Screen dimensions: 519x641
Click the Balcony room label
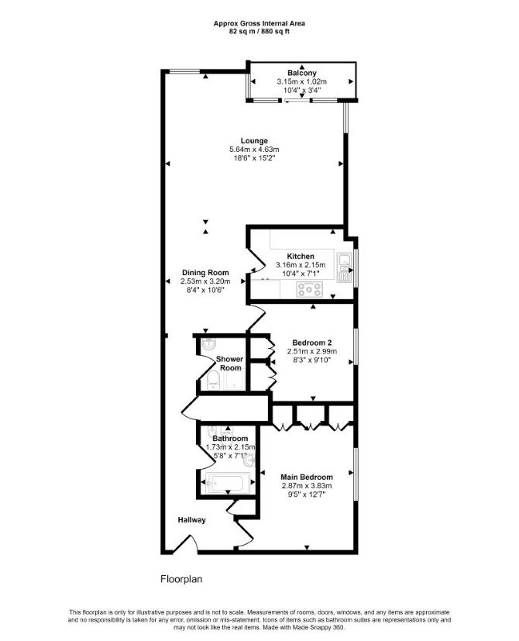pos(301,73)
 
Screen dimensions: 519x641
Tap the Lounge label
pos(254,141)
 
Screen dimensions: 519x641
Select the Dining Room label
pos(205,273)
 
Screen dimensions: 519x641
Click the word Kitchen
pos(301,257)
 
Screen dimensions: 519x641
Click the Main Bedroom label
pos(307,477)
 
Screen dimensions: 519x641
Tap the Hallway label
pos(191,520)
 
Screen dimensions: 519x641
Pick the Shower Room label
pos(229,364)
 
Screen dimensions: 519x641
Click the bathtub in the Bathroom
pos(228,483)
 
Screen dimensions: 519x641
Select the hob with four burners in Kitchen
pos(309,289)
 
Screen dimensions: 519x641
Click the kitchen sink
pos(344,267)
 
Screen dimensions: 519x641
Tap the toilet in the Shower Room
pos(212,381)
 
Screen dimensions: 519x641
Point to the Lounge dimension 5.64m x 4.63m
pos(254,150)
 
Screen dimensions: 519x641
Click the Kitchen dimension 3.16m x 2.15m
pos(301,265)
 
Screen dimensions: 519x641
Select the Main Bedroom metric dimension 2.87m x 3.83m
pos(307,486)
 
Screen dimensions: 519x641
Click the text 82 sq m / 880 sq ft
pos(259,32)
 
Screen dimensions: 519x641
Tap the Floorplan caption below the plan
pos(181,579)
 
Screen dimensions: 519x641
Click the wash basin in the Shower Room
pos(210,345)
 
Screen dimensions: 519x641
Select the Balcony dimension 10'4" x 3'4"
pos(302,90)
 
